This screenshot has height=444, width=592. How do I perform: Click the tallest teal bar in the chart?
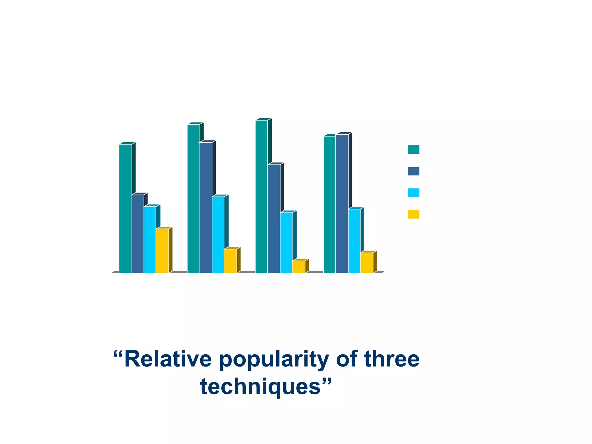point(261,197)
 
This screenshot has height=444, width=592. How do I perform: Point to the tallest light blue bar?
point(218,234)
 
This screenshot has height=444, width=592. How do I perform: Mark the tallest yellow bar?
point(162,251)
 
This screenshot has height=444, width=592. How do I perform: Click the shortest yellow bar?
point(298,267)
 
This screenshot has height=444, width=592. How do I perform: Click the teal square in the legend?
point(413,149)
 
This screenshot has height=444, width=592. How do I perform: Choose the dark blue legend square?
point(413,171)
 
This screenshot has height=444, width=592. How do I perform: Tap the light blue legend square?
point(413,193)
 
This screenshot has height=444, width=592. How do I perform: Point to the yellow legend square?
point(413,214)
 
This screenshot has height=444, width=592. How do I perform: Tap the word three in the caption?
point(392,359)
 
